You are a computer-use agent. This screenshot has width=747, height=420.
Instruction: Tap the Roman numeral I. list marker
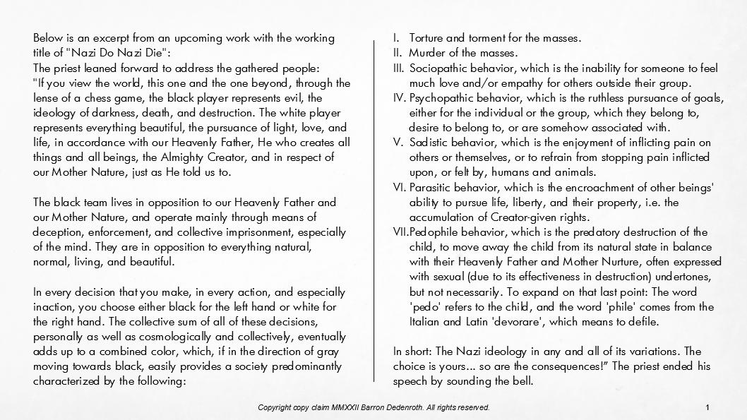396,38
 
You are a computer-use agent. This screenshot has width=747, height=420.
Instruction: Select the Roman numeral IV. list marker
398,98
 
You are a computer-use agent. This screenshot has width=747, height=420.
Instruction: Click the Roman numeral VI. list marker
398,187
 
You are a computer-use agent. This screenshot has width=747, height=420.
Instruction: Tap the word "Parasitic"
434,187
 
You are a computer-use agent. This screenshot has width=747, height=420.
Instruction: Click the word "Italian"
426,322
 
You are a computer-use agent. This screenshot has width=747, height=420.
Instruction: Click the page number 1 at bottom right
707,408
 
